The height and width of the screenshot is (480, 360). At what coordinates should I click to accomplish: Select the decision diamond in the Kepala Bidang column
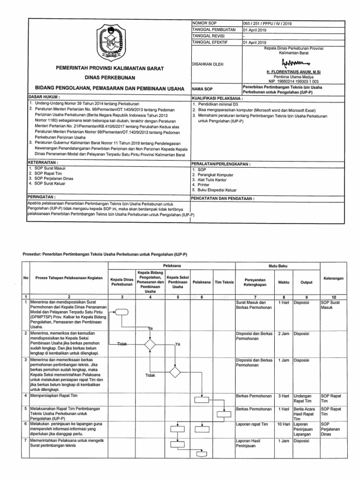[x=150, y=345]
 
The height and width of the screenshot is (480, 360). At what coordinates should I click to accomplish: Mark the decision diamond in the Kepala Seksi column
[x=174, y=372]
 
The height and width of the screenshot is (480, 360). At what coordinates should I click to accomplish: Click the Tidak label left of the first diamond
[x=122, y=344]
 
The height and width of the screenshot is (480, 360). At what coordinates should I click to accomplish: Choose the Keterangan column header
[x=333, y=278]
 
